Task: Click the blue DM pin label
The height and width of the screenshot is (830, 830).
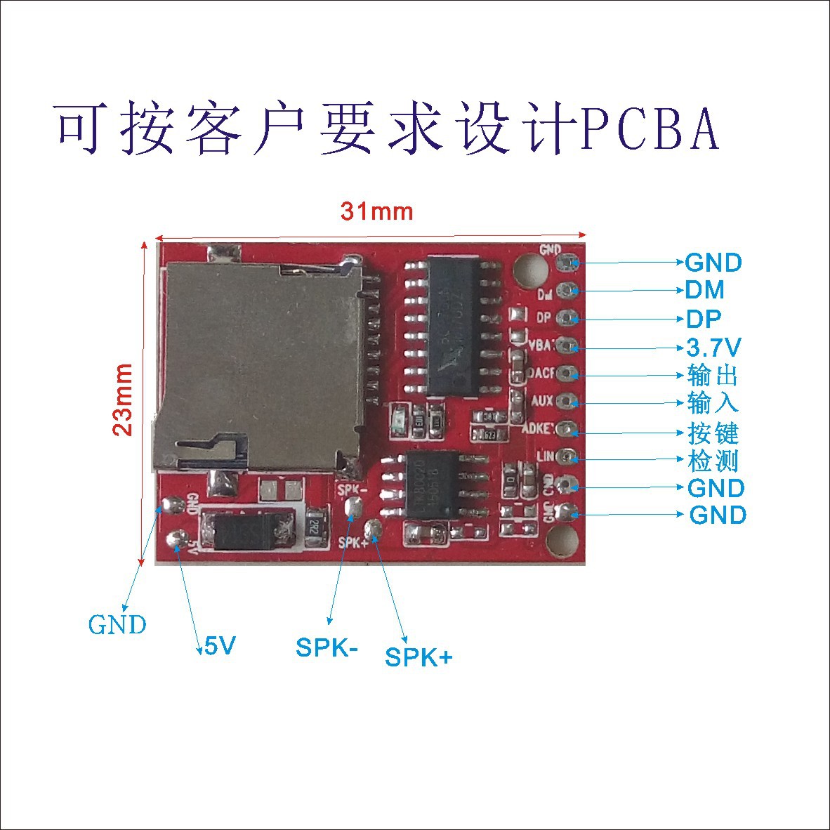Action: click(704, 290)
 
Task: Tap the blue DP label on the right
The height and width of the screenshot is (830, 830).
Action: click(703, 319)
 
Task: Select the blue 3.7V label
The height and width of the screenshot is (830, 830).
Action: click(713, 347)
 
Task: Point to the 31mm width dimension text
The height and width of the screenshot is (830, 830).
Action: click(377, 211)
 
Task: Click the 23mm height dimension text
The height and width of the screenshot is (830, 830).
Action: click(124, 400)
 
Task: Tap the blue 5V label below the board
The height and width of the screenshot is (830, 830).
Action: click(220, 645)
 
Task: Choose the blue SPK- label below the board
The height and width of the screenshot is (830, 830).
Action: click(327, 647)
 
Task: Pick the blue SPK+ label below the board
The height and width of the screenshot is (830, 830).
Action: click(419, 657)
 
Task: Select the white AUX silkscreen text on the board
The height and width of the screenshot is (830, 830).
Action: click(542, 401)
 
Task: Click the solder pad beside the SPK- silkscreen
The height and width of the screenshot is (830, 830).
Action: click(355, 506)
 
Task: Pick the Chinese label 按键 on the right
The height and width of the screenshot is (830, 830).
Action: click(713, 433)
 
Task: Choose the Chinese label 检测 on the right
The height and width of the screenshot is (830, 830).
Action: click(713, 461)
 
